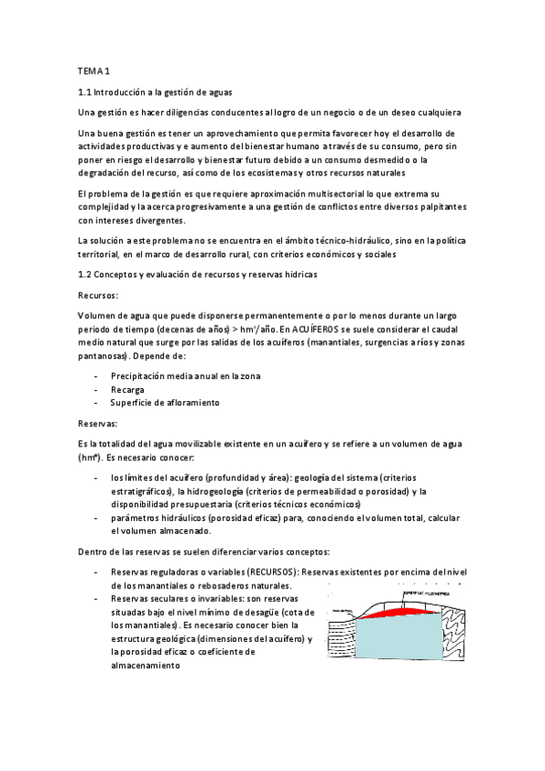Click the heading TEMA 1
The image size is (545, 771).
[x=94, y=71]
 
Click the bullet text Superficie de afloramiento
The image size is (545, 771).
[x=165, y=402]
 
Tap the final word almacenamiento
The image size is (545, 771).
[x=145, y=665]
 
